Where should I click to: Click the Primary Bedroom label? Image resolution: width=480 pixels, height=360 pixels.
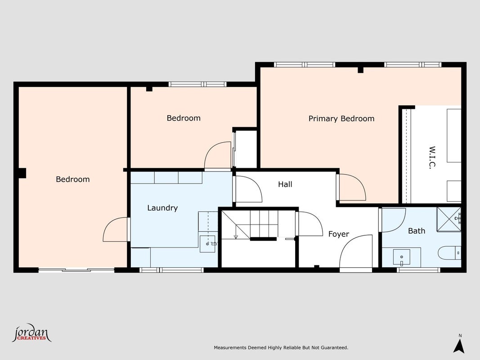[x=341, y=119]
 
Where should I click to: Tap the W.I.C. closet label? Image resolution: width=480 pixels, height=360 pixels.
[x=432, y=157]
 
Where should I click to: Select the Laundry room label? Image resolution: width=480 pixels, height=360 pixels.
[x=162, y=208]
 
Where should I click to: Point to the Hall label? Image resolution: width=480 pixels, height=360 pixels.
[x=285, y=184]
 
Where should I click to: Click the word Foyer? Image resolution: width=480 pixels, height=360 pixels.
[x=339, y=234]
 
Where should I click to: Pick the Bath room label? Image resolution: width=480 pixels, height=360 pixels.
[x=417, y=231]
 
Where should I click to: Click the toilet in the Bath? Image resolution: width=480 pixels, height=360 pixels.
[x=449, y=253]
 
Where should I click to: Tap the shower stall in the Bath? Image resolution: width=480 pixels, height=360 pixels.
[x=449, y=220]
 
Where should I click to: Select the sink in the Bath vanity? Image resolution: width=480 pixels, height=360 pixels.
[x=401, y=257]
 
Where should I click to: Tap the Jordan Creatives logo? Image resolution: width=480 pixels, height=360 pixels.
[x=31, y=333]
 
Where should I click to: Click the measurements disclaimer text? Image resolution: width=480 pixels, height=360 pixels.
[x=281, y=348]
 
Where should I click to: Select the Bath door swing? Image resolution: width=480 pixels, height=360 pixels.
[x=392, y=220]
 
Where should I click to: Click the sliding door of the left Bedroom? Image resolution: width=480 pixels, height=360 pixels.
[x=76, y=270]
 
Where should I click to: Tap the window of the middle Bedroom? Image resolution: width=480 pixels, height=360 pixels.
[x=197, y=84]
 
